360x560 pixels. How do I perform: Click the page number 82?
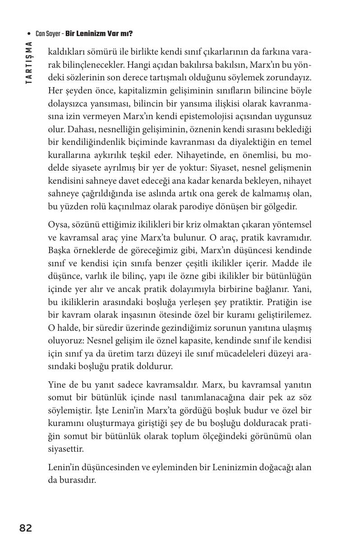pyautogui.click(x=26, y=528)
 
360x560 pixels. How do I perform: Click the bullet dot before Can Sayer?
pyautogui.click(x=29, y=34)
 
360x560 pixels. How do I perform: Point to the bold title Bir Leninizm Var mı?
pyautogui.click(x=99, y=34)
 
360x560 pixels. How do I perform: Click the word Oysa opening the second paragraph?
pyautogui.click(x=58, y=225)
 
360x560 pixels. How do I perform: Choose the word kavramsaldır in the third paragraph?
pyautogui.click(x=172, y=385)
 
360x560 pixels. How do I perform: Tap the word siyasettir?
pyautogui.click(x=64, y=449)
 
